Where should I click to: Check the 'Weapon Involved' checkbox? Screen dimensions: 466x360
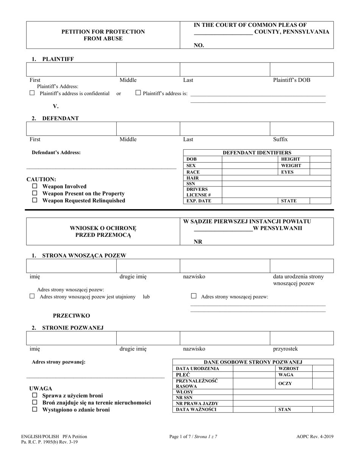[34, 186]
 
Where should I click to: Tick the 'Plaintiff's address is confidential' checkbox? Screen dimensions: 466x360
[32, 93]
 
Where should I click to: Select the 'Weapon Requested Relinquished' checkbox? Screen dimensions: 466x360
[34, 200]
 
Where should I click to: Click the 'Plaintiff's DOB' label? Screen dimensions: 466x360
[291, 80]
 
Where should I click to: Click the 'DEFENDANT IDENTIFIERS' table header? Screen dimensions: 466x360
[257, 153]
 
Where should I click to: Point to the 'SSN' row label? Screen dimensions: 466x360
[191, 183]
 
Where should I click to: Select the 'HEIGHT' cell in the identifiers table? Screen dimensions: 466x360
[290, 159]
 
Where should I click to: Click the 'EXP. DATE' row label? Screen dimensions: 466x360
[199, 201]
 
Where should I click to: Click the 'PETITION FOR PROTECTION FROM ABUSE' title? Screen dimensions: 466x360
[103, 35]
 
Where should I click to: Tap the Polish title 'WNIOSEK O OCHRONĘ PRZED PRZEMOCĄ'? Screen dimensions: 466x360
[103, 231]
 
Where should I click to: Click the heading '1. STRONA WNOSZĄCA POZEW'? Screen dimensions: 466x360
[81, 255]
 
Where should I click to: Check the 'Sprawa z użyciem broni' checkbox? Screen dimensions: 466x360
[34, 396]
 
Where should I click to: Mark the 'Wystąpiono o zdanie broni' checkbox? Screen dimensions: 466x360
[34, 409]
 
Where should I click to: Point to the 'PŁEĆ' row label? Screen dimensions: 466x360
[183, 375]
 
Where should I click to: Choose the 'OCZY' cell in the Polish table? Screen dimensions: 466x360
[285, 383]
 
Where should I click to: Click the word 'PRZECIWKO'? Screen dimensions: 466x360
[71, 315]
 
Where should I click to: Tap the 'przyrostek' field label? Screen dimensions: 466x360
[285, 349]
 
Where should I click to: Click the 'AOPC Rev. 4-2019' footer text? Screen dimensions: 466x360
[315, 436]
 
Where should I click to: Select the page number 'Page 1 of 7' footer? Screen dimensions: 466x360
[193, 436]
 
